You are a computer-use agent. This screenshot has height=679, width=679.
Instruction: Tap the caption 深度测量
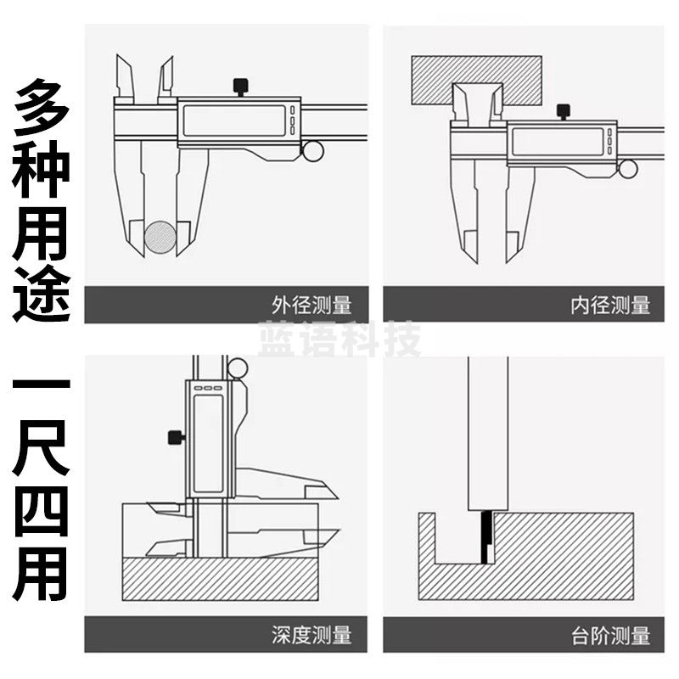pos(311,634)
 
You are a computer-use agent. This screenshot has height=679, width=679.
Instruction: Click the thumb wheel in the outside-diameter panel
pos(311,151)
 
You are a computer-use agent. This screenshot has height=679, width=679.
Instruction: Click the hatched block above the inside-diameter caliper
pos(476,80)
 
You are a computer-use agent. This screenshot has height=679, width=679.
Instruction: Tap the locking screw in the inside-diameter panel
pos(563,111)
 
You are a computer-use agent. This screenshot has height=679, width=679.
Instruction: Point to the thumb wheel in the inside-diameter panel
pos(628,168)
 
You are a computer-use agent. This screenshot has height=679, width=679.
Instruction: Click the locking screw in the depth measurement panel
pos(175,438)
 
